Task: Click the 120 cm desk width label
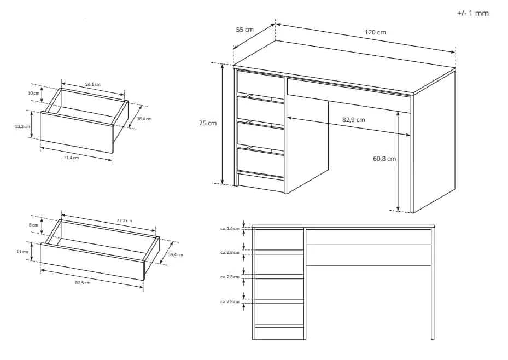point(375,32)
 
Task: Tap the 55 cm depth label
point(244,30)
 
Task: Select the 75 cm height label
point(208,123)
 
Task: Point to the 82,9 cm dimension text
point(353,120)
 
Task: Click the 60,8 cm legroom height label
point(384,159)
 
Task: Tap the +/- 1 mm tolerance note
point(472,13)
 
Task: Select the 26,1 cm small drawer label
point(93,84)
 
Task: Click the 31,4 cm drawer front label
point(71,158)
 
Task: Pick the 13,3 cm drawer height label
point(22,126)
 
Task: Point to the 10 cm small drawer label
point(33,93)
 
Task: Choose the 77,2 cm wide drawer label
point(125,220)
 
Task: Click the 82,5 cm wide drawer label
point(83,283)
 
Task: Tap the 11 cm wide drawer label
point(22,252)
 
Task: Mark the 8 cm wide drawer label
point(33,225)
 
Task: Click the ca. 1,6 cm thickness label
point(230,228)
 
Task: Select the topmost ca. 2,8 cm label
point(230,252)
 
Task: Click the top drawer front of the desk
point(260,83)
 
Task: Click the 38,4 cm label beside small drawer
point(144,119)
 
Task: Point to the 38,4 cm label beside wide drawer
point(176,254)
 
